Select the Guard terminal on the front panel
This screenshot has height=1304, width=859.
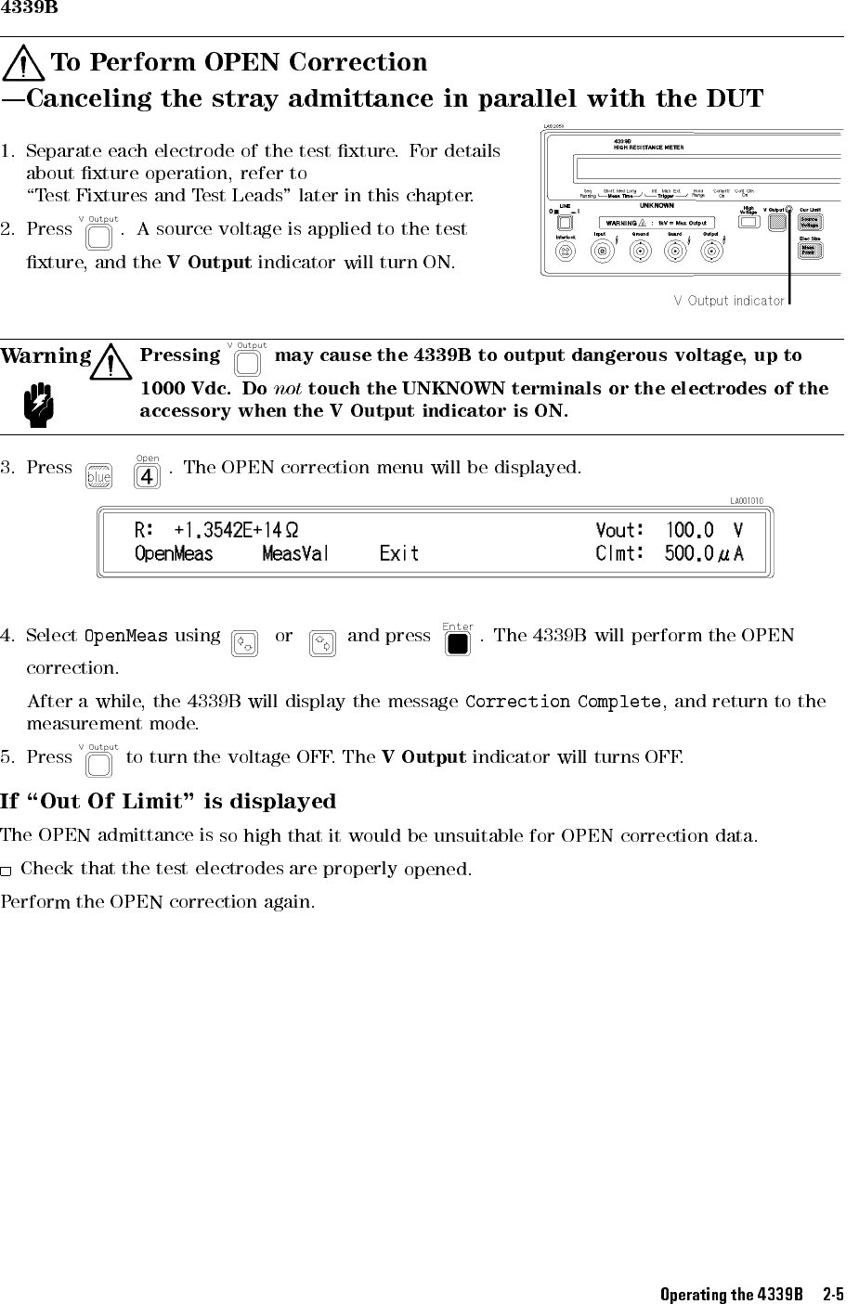[676, 252]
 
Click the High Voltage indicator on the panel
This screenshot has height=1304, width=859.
[748, 222]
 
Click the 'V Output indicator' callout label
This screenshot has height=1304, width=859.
[729, 301]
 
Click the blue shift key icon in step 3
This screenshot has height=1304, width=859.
[98, 477]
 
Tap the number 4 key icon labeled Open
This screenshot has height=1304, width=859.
[147, 477]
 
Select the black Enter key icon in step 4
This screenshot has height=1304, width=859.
[457, 643]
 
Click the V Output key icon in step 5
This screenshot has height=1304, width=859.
[98, 764]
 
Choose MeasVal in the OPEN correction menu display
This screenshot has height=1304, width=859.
[295, 554]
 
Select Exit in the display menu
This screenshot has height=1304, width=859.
[399, 554]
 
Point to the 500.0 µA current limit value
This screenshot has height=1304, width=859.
[703, 554]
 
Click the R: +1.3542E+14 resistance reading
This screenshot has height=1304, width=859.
[216, 530]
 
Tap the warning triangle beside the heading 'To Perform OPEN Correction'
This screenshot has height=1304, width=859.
[24, 64]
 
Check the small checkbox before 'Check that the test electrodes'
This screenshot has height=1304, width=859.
[7, 871]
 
